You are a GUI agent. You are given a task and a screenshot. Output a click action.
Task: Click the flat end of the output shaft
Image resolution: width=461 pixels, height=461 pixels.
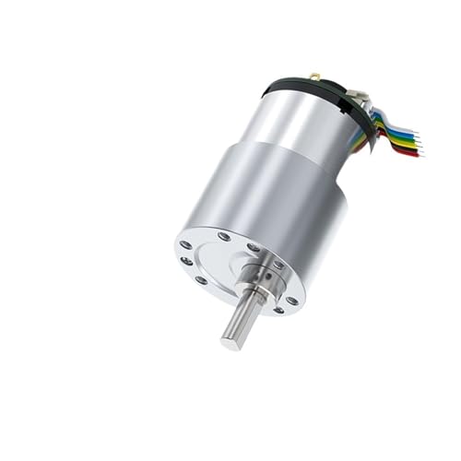(x=230, y=341)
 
